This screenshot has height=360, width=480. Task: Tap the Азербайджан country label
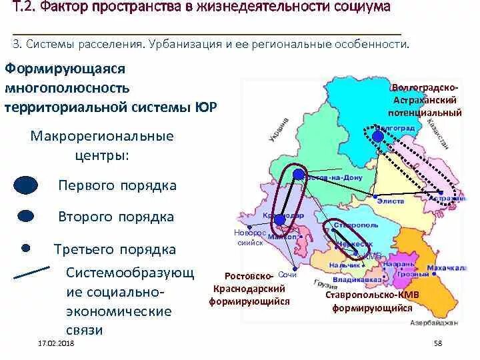(435, 323)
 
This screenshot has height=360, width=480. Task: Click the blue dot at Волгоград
(378, 136)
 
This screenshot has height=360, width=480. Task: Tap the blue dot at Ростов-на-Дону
(299, 175)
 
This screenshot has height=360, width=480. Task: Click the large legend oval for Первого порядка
(26, 185)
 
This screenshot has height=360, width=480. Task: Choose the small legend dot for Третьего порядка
(25, 248)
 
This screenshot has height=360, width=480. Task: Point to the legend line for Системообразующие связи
(31, 273)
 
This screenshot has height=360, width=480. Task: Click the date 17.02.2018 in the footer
(56, 343)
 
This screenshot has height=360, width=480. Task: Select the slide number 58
(438, 343)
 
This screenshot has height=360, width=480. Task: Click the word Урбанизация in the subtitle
(187, 44)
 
